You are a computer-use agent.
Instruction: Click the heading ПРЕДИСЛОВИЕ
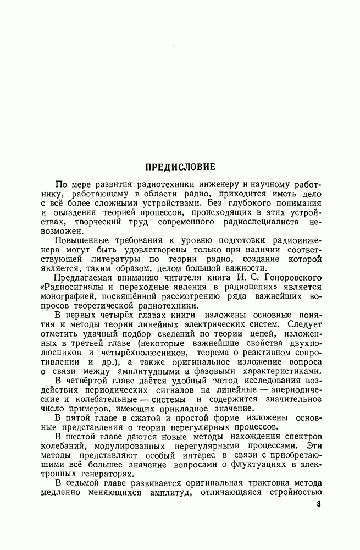pyautogui.click(x=180, y=166)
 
